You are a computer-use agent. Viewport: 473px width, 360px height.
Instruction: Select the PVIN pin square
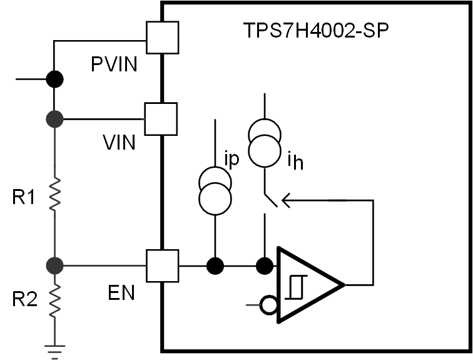coord(162,38)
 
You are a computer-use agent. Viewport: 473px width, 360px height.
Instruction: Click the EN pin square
coord(162,265)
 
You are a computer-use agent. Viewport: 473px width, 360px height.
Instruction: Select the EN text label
coord(120,292)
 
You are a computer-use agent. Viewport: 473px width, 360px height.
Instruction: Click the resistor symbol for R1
coord(54,194)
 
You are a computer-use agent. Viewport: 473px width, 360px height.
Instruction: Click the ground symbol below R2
coord(54,351)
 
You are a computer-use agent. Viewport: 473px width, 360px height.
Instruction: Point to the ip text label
coord(232,160)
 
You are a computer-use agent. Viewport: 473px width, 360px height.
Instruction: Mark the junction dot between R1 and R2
coord(54,265)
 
